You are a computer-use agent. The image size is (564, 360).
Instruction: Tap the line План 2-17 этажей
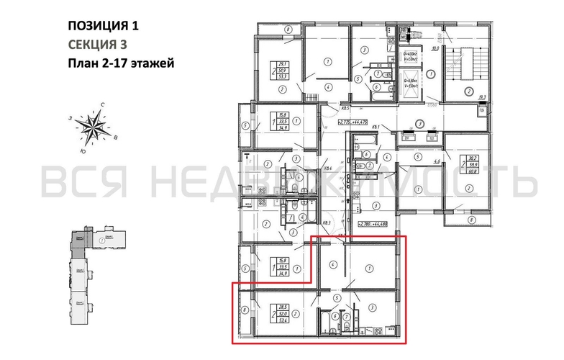pyautogui.click(x=120, y=63)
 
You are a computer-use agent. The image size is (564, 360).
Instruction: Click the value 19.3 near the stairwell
pyautogui.click(x=483, y=96)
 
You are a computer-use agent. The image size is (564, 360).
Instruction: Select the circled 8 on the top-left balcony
pyautogui.click(x=287, y=30)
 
